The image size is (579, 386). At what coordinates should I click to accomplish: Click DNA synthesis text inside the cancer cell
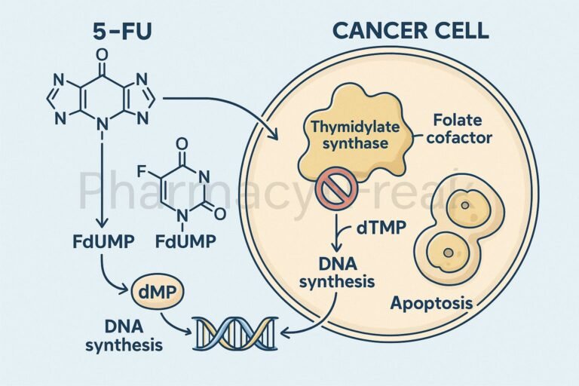point(337,273)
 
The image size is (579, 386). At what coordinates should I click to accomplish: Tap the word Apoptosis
point(431,303)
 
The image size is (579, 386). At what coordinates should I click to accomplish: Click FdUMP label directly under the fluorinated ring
point(185,241)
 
